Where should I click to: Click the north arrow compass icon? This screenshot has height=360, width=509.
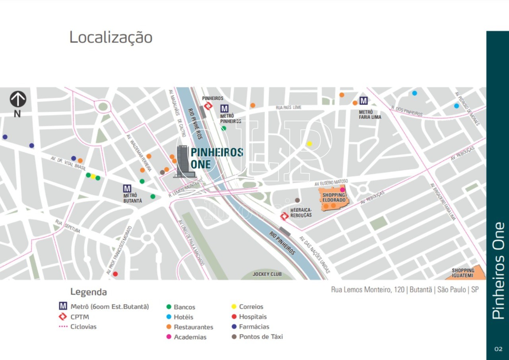pos(18,99)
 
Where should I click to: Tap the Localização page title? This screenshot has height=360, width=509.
pos(111,37)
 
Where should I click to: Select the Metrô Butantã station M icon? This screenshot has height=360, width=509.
pos(127,189)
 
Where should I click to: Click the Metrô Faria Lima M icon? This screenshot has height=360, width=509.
pos(363,101)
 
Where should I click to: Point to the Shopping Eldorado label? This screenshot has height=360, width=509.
pos(334,197)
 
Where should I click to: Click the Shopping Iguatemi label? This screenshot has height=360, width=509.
pos(463,272)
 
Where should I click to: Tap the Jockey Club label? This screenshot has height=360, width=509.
pos(267,274)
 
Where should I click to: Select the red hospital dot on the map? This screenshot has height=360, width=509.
pos(115,274)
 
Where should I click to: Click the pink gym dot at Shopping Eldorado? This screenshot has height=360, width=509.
pos(342,190)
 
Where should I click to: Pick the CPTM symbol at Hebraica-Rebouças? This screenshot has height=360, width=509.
pos(284,216)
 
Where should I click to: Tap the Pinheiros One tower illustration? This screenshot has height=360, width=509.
pos(184,161)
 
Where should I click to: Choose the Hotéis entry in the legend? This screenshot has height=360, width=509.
pos(183,317)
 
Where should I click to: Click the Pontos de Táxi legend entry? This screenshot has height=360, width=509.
pos(260,337)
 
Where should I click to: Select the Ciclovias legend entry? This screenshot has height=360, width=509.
pos(83,327)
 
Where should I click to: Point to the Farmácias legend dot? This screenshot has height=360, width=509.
pos(234,327)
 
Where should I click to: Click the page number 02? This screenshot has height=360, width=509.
pos(498,349)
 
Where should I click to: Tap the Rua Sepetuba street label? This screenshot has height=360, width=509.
pos(68,226)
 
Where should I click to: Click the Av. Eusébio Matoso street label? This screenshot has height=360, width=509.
pos(331,183)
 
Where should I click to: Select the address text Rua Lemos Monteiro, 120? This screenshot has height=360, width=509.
pos(367,290)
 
